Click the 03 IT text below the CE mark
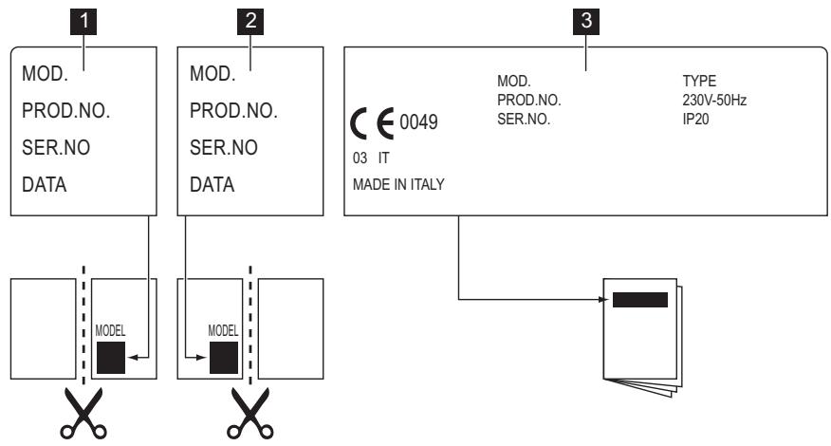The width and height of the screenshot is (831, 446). pos(367,159)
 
